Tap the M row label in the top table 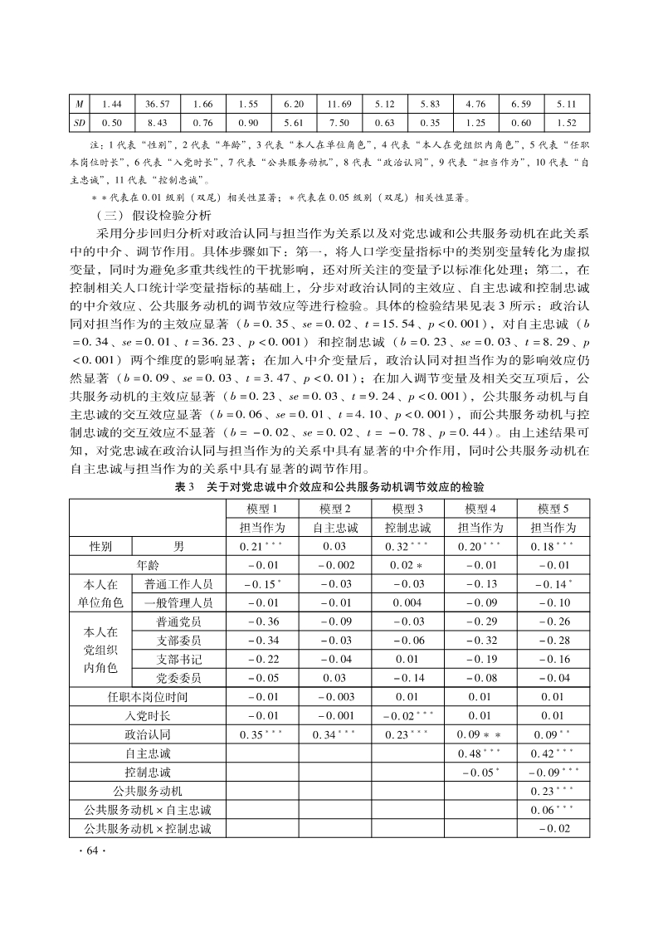point(80,105)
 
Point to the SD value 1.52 point(567,124)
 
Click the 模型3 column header point(408,509)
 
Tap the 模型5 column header point(553,509)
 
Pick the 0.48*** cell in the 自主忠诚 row point(480,753)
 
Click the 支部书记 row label point(178,659)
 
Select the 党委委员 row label point(178,678)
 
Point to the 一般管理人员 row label point(178,602)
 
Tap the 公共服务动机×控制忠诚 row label point(147,829)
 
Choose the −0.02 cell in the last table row point(553,829)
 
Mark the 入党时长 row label point(148,715)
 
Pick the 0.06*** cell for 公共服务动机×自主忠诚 point(553,810)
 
